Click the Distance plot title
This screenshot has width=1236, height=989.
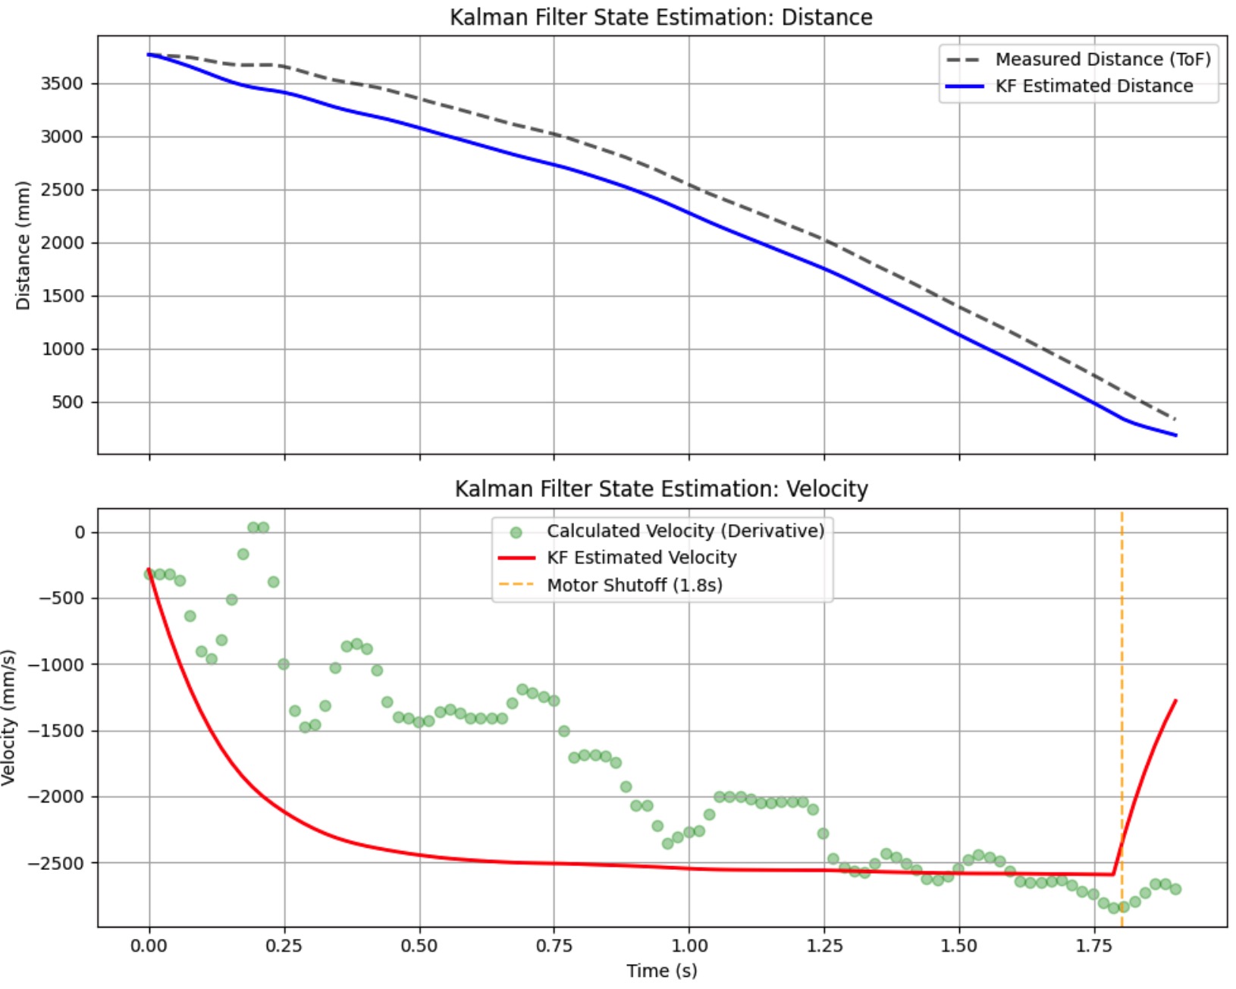[660, 17]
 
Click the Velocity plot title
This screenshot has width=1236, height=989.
[660, 488]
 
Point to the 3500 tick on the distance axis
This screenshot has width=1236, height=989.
[61, 83]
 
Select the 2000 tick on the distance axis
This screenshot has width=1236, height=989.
[61, 243]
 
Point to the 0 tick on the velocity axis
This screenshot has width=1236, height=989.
[80, 532]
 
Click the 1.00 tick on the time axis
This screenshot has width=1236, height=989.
[689, 946]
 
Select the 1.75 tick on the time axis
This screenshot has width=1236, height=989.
[1094, 946]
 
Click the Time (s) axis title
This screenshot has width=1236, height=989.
[660, 971]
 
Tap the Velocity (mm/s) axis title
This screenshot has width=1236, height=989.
[9, 717]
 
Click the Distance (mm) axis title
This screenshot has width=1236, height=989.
[23, 245]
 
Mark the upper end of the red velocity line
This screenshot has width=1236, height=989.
[1175, 701]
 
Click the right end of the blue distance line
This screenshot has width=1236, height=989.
[1175, 435]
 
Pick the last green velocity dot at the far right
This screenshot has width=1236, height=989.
[1175, 889]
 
